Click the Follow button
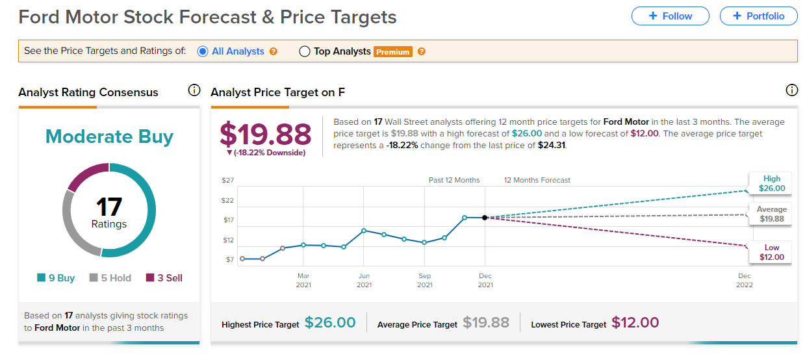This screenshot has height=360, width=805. click(x=670, y=16)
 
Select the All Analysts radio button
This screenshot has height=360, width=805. click(x=202, y=51)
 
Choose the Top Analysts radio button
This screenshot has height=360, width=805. click(x=305, y=51)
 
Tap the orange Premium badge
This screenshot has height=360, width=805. click(x=392, y=52)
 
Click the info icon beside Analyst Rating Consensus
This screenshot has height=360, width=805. click(x=194, y=90)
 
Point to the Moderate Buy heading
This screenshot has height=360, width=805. click(x=109, y=136)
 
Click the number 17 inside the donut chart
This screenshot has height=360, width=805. click(x=109, y=207)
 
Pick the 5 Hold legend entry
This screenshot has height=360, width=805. click(x=110, y=278)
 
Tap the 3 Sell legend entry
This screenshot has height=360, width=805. click(x=164, y=278)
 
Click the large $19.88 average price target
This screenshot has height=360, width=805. click(x=265, y=135)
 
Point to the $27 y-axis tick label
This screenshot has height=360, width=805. click(x=227, y=180)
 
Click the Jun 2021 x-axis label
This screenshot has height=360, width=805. click(x=364, y=280)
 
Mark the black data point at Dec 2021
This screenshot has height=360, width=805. click(x=485, y=218)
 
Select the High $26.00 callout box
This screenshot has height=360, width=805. click(x=772, y=183)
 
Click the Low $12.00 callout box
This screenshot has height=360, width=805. click(x=772, y=252)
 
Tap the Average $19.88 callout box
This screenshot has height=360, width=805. click(x=771, y=214)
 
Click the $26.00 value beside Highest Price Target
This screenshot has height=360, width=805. click(x=330, y=323)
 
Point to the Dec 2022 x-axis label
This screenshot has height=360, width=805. click(x=744, y=280)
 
